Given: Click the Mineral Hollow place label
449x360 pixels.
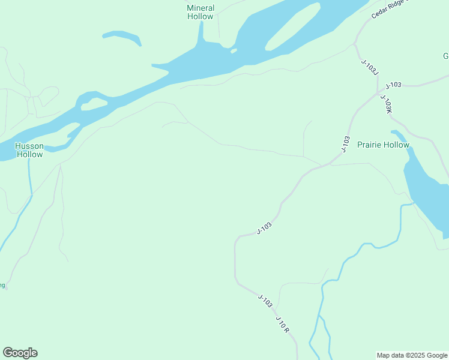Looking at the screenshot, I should (200, 13).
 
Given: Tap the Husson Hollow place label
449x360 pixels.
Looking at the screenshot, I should (29, 150).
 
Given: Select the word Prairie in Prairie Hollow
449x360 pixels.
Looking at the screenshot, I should (370, 145).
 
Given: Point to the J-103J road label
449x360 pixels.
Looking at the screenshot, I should (370, 67).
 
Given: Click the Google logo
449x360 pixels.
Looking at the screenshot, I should (20, 353).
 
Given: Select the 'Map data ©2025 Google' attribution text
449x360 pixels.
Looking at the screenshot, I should (412, 355).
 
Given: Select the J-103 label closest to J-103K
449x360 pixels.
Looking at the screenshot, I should (393, 85).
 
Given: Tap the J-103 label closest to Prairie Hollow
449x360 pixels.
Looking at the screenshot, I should (345, 144).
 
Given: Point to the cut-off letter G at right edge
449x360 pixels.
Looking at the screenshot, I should (446, 56).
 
